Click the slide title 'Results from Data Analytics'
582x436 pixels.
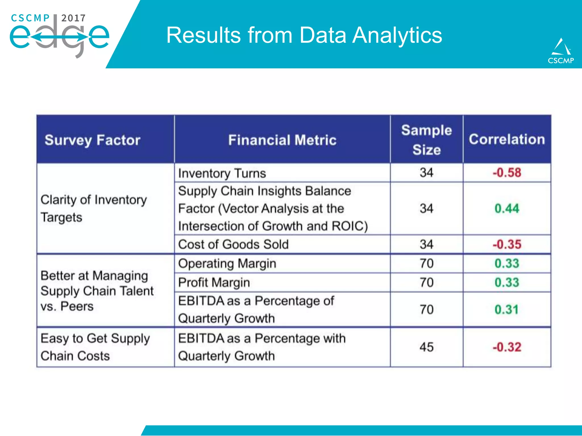[304, 35]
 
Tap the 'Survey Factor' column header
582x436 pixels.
[92, 140]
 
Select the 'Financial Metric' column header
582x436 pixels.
[282, 140]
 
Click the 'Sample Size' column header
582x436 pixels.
[426, 140]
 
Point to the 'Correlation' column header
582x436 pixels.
[507, 139]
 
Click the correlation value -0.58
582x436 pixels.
[507, 173]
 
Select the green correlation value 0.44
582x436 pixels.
[507, 209]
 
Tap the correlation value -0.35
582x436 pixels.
[507, 244]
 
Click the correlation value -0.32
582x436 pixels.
[507, 347]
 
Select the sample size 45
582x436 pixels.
[426, 347]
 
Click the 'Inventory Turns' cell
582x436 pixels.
[222, 173]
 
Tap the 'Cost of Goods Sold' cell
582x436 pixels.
[233, 244]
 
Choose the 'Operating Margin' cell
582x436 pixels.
[227, 263]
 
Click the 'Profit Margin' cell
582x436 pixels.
[214, 282]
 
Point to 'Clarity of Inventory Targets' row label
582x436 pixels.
[93, 208]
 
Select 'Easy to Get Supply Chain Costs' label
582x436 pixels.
[95, 347]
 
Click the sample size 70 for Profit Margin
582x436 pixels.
[426, 282]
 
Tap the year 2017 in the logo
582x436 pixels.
[73, 18]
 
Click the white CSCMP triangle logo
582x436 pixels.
[561, 47]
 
